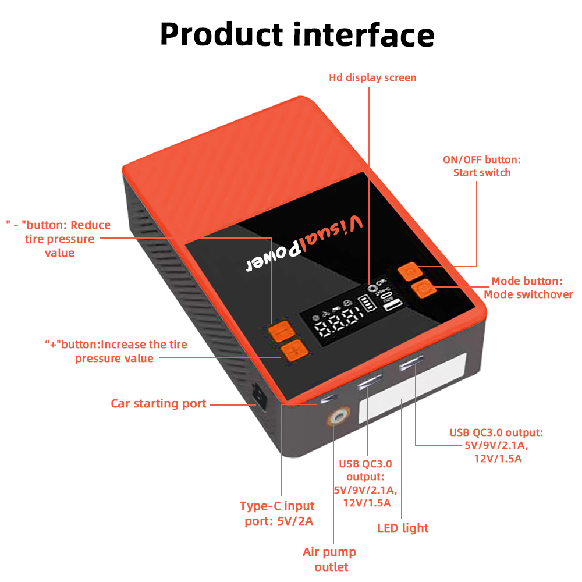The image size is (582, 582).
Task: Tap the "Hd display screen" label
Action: coord(372,77)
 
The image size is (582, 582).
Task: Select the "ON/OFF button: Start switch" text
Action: coord(482,166)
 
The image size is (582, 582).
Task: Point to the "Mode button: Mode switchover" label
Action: coord(528,288)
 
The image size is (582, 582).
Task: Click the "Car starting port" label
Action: coord(158,403)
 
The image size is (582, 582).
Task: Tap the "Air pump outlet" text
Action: coord(329,559)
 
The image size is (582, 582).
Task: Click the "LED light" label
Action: coord(403,528)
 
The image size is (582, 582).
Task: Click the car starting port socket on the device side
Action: coord(257,396)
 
